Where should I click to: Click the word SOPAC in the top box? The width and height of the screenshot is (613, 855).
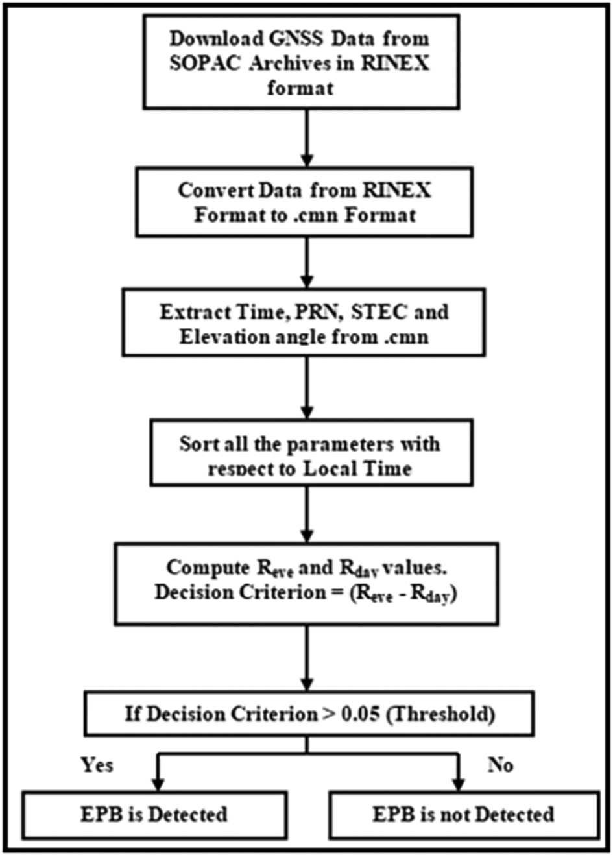tap(206, 64)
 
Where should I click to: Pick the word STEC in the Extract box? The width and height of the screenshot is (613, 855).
tap(379, 311)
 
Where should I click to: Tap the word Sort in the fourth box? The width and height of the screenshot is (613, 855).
tap(197, 444)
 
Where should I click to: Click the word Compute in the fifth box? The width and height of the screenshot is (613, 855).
tap(208, 568)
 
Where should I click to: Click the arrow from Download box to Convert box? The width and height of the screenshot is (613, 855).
tap(307, 138)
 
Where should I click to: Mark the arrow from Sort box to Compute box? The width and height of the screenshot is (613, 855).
tap(307, 514)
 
